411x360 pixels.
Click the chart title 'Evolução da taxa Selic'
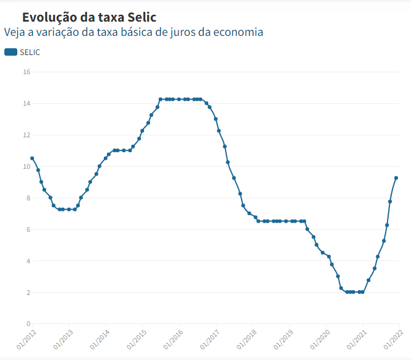click(x=89, y=17)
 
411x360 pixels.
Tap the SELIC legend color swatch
click(x=11, y=52)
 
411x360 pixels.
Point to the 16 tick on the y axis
click(x=27, y=72)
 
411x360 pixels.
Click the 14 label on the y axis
click(x=27, y=103)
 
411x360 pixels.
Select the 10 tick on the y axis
click(x=27, y=166)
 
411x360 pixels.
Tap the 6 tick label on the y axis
click(x=28, y=229)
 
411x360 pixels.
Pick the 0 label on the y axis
click(x=28, y=324)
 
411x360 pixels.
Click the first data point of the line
click(x=32, y=158)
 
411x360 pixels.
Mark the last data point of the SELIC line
click(x=396, y=178)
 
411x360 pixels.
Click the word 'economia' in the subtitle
click(x=237, y=32)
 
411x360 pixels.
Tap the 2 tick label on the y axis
click(x=28, y=292)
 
